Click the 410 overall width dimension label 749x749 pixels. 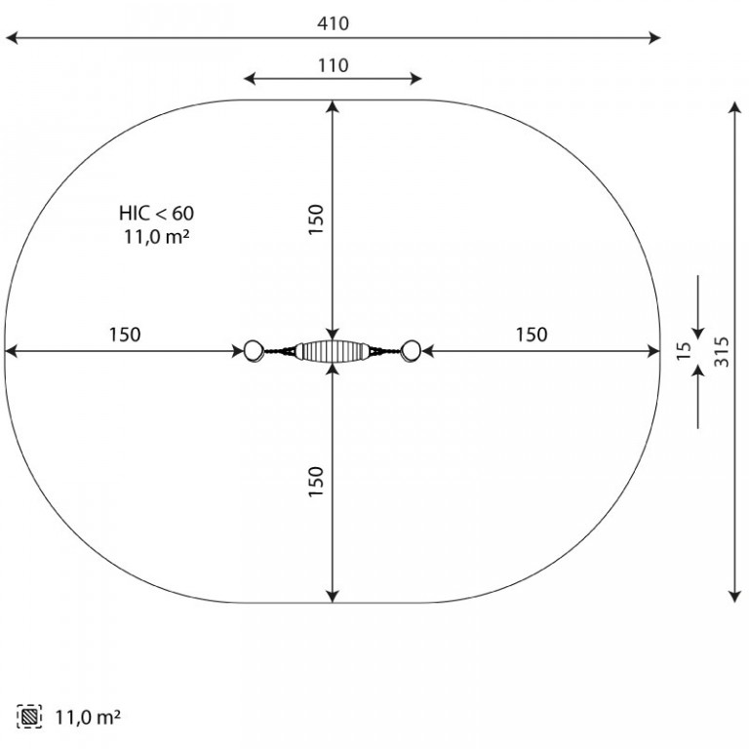pyautogui.click(x=333, y=23)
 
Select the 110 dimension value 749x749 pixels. pyautogui.click(x=333, y=65)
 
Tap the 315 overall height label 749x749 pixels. pyautogui.click(x=722, y=352)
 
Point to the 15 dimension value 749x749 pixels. pyautogui.click(x=684, y=351)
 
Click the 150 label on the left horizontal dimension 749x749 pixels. pyautogui.click(x=125, y=335)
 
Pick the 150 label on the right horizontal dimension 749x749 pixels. pyautogui.click(x=532, y=335)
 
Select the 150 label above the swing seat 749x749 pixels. pyautogui.click(x=316, y=219)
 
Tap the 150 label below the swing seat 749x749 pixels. pyautogui.click(x=316, y=482)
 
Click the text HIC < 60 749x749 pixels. pyautogui.click(x=157, y=213)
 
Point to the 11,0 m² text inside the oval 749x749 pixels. pyautogui.click(x=157, y=236)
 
